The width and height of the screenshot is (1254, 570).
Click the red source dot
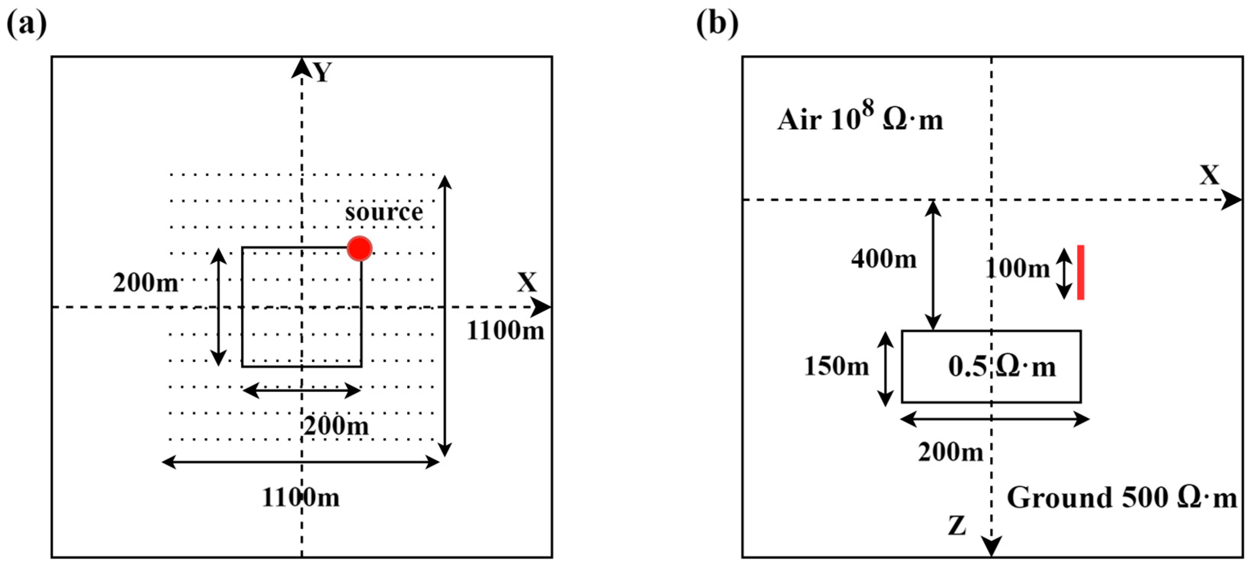pos(359,249)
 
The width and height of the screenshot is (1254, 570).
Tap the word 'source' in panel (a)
pos(384,212)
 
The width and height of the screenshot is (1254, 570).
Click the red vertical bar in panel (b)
pos(1080,272)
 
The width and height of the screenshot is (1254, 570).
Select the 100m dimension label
pos(1017,268)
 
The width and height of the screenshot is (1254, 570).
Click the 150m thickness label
pos(837,366)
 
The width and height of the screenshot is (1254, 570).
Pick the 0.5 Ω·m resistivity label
pos(1002,367)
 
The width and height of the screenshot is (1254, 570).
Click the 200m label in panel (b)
pos(951,453)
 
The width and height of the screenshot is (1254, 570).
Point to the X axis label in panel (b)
pos(1209,175)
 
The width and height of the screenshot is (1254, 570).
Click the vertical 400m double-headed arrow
pos(933,265)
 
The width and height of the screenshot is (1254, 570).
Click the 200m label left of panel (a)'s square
pos(146,283)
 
